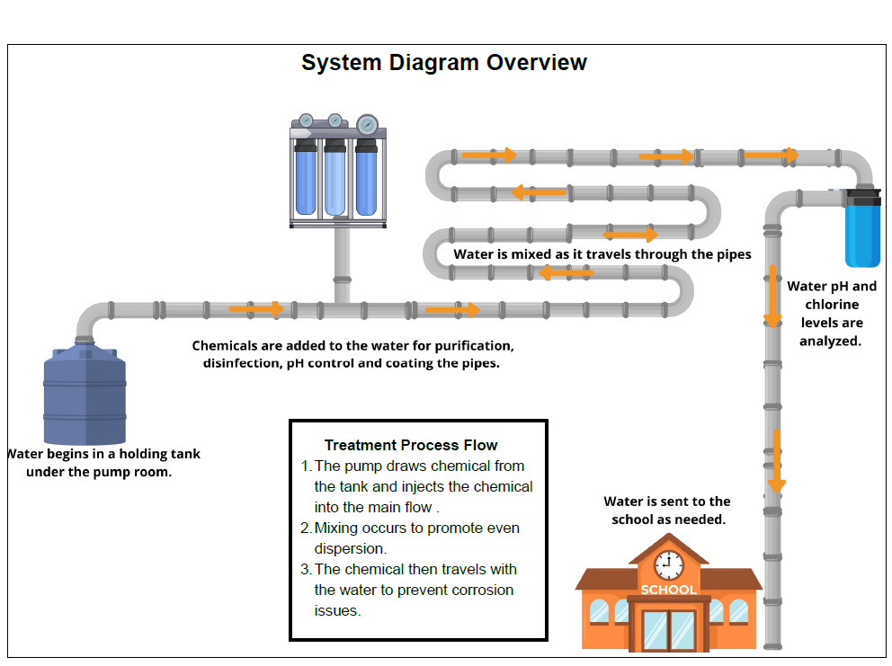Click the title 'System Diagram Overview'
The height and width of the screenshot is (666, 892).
443,63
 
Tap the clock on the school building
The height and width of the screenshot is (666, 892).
668,565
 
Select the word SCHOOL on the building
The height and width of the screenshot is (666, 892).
668,590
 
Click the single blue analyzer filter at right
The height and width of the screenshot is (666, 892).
862,230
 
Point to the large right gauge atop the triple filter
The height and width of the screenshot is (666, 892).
367,124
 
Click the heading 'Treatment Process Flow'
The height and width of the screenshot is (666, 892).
411,445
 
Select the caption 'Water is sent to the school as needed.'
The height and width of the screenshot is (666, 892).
667,511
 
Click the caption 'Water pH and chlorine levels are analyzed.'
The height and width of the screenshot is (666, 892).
831,314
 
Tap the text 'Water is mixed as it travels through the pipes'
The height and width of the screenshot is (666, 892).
602,254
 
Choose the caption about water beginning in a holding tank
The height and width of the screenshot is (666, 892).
101,462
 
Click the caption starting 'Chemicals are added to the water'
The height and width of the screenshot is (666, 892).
352,354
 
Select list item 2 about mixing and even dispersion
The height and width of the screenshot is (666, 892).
415,537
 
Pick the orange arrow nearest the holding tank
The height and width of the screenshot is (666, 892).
256,309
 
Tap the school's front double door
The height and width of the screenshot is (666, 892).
668,630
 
